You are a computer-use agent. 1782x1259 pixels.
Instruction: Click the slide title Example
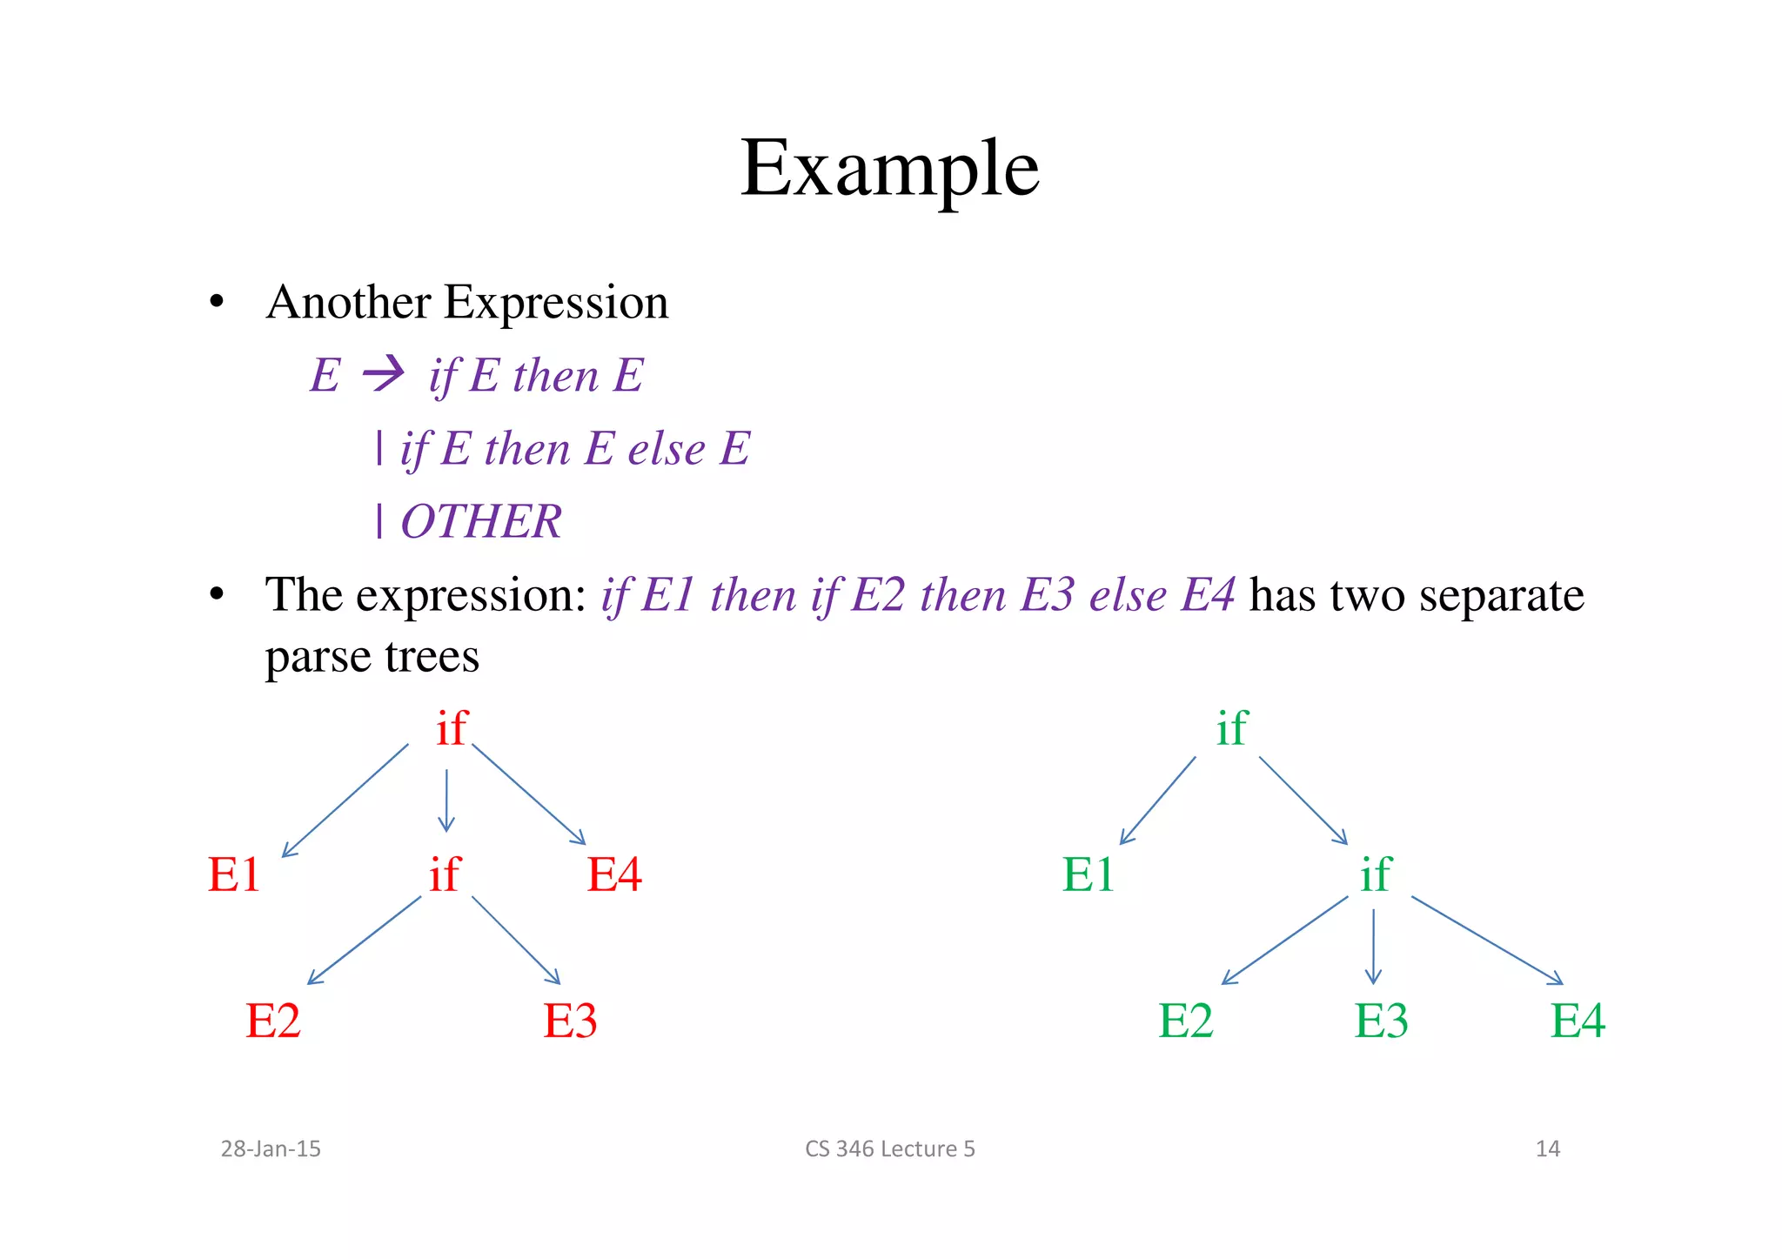tap(889, 169)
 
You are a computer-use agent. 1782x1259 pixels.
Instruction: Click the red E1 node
tap(234, 874)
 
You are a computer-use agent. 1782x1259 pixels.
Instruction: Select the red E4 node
tap(614, 874)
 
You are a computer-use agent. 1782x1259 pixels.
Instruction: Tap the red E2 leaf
tap(273, 1021)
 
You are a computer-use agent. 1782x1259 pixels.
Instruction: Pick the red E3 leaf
tap(571, 1021)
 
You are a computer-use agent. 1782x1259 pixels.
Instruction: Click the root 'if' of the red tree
tap(452, 727)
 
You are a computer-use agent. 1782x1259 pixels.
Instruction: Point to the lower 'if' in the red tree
tap(445, 874)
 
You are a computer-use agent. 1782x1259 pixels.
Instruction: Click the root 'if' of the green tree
tap(1232, 727)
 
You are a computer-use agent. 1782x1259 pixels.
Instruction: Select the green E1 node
tap(1089, 874)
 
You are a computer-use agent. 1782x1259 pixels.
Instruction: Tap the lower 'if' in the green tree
tap(1376, 874)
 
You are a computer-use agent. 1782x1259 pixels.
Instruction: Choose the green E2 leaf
tap(1186, 1021)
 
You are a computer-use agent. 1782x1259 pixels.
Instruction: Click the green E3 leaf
tap(1382, 1021)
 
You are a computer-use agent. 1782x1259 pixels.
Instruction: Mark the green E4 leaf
tap(1578, 1021)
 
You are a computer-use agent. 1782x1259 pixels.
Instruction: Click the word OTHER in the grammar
tap(481, 522)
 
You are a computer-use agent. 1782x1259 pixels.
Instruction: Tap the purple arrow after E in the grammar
tap(384, 375)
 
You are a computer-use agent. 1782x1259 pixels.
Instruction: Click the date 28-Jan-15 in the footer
tap(271, 1149)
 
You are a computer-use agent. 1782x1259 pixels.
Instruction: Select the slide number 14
tap(1547, 1149)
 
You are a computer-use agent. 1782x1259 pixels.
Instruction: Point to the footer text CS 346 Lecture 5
tap(889, 1149)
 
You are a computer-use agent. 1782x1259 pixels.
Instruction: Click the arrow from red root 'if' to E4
tap(528, 794)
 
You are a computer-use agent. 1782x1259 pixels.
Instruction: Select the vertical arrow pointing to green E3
tap(1373, 947)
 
